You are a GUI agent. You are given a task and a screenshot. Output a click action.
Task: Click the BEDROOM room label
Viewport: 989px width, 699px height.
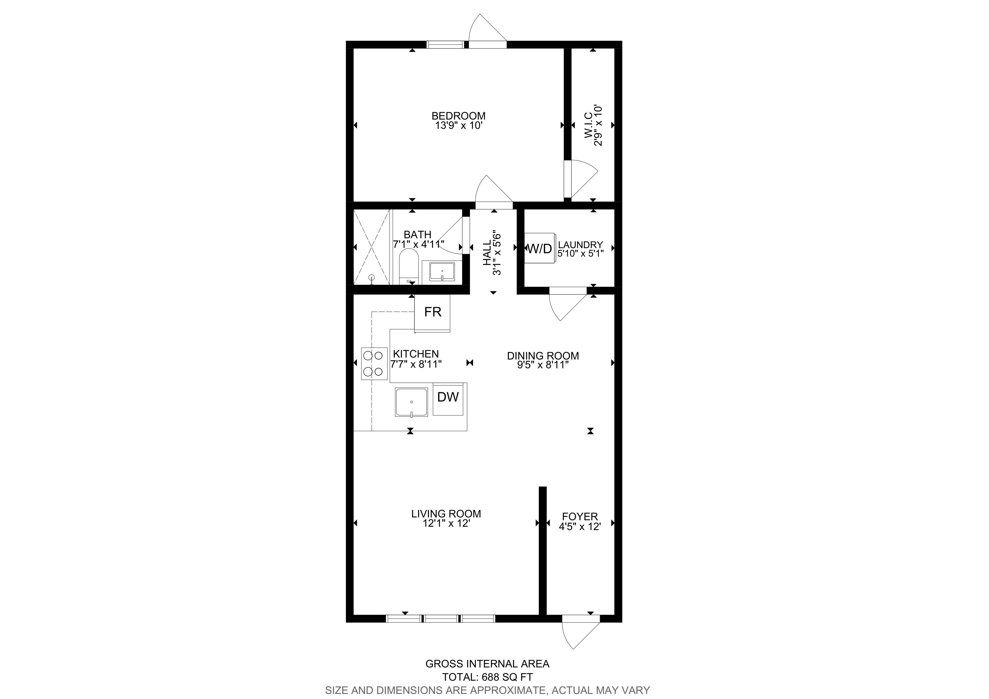pyautogui.click(x=458, y=116)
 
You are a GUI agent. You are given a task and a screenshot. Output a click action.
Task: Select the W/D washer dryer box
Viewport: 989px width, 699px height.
pyautogui.click(x=539, y=248)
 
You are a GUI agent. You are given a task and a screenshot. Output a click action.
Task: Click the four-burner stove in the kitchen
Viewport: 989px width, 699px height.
pyautogui.click(x=374, y=363)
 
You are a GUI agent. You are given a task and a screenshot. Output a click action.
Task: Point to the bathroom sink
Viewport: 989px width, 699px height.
pyautogui.click(x=442, y=272)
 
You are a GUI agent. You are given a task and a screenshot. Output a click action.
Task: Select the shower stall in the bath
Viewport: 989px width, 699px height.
pyautogui.click(x=372, y=247)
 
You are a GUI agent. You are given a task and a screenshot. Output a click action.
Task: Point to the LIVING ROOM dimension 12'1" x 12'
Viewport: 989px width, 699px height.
pyautogui.click(x=446, y=523)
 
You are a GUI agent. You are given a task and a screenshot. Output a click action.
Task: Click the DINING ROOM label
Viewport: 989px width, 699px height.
pyautogui.click(x=543, y=356)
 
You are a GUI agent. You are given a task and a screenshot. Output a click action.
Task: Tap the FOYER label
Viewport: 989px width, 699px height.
pyautogui.click(x=580, y=516)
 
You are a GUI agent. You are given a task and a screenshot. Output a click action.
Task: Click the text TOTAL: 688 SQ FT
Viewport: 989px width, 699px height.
pyautogui.click(x=488, y=677)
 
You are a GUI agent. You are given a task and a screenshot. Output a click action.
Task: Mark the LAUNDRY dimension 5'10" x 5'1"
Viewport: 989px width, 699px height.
pyautogui.click(x=580, y=254)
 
